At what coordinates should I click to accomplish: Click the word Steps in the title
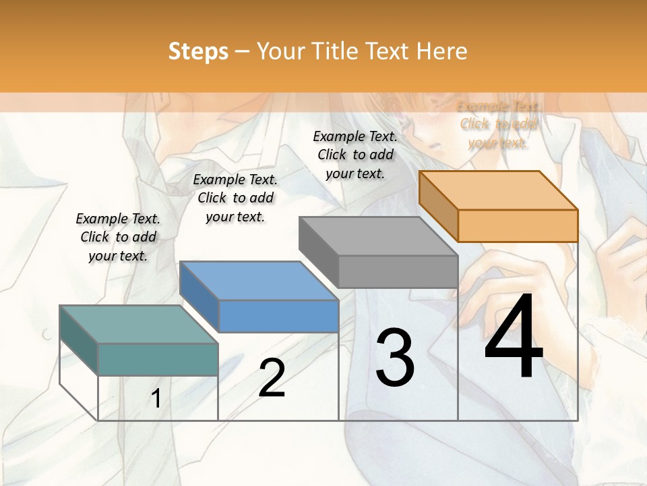click(198, 51)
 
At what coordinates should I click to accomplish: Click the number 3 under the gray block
click(395, 358)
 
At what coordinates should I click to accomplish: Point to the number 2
click(272, 378)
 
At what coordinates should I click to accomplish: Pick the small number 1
click(156, 399)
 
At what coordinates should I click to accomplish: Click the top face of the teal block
click(138, 324)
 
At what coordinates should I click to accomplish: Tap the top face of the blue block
click(259, 280)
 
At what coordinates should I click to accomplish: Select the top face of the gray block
click(378, 236)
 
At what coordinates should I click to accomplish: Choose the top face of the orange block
click(499, 190)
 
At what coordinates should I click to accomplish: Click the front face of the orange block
click(518, 225)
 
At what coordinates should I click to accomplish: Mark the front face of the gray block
click(398, 271)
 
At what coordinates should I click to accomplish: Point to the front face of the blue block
click(278, 316)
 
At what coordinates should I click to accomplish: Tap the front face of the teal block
click(158, 359)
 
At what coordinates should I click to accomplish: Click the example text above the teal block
click(118, 237)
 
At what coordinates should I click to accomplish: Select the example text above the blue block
click(235, 198)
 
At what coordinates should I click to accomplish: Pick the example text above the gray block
click(355, 155)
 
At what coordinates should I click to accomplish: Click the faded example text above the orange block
click(498, 124)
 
